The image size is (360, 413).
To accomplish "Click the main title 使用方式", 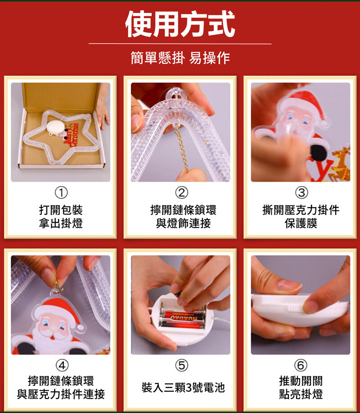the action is click(x=180, y=24).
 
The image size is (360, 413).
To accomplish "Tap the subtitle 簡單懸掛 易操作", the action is click(x=180, y=58).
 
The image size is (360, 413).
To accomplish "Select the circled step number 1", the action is click(x=61, y=193).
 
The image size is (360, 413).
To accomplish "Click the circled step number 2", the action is click(x=182, y=193).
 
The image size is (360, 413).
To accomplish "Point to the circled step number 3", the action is click(x=301, y=193).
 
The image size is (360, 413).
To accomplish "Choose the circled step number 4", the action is click(x=62, y=365).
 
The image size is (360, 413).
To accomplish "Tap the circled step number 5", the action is click(x=182, y=365).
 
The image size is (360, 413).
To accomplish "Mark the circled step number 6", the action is click(x=301, y=365).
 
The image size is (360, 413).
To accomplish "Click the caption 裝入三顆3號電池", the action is click(x=183, y=387).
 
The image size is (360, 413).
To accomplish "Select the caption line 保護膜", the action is click(x=301, y=223).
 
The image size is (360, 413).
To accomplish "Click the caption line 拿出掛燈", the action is click(x=61, y=223).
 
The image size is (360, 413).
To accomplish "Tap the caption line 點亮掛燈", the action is click(x=301, y=394).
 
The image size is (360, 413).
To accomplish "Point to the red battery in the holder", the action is click(x=184, y=315).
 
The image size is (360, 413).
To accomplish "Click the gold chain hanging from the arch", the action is click(x=181, y=148).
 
